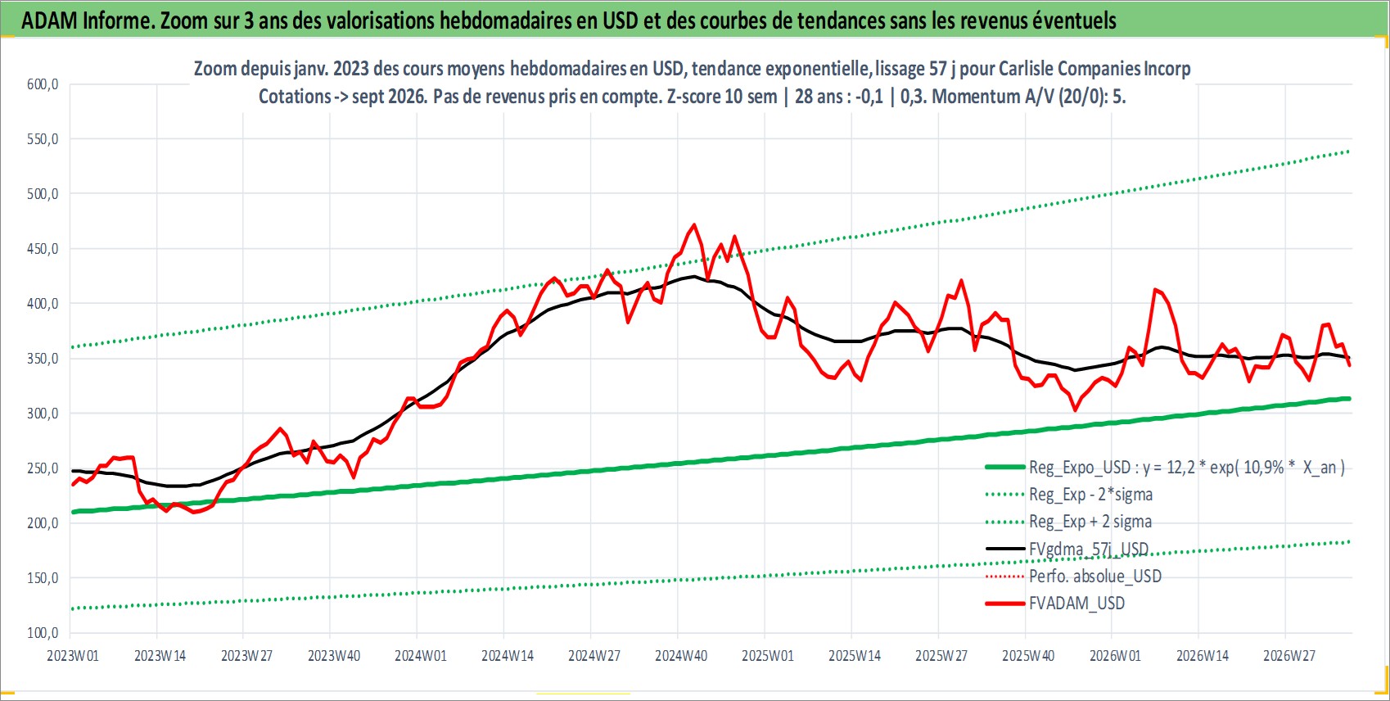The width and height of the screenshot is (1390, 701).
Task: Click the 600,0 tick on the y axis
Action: pyautogui.click(x=43, y=84)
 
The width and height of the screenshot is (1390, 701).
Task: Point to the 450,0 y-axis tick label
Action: pyautogui.click(x=43, y=249)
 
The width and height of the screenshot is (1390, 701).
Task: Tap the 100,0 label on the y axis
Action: pyautogui.click(x=43, y=633)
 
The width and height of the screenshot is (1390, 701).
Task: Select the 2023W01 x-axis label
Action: pyautogui.click(x=73, y=656)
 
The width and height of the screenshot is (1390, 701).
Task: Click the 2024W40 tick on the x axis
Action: pyautogui.click(x=681, y=656)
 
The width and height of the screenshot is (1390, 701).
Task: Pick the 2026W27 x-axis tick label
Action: pyautogui.click(x=1288, y=656)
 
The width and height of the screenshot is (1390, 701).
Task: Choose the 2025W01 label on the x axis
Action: pyautogui.click(x=768, y=656)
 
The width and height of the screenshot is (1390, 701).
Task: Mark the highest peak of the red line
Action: pyautogui.click(x=693, y=224)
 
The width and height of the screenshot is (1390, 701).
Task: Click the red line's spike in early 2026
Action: pyautogui.click(x=1155, y=289)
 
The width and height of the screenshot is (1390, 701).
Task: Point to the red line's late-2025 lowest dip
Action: pyautogui.click(x=1075, y=409)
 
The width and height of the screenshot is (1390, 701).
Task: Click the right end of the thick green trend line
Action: pyautogui.click(x=1350, y=399)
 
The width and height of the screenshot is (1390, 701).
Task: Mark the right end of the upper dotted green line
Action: pyautogui.click(x=1349, y=152)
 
